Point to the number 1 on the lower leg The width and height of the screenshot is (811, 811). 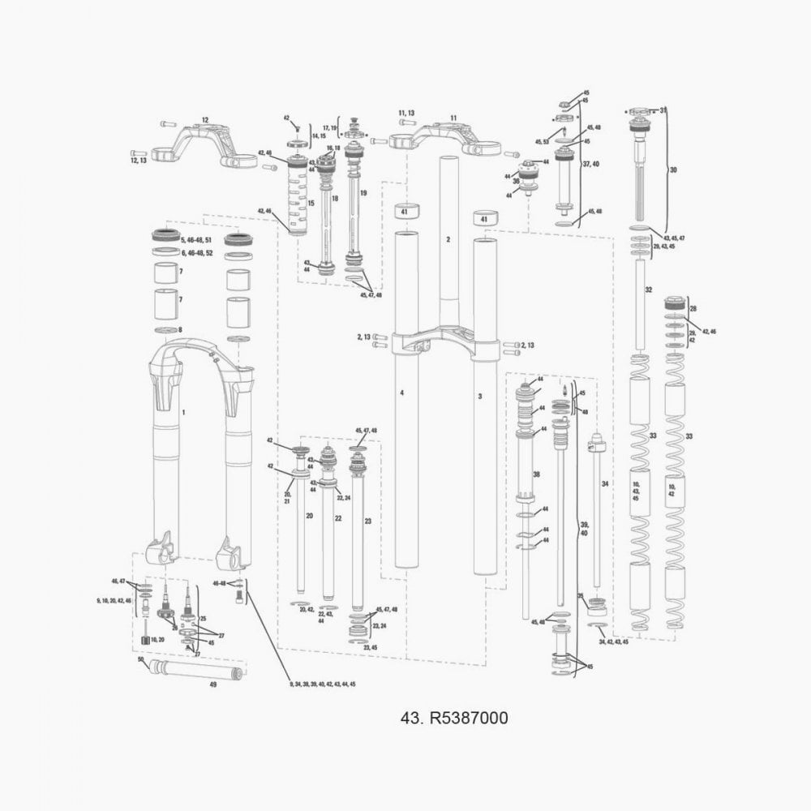[183, 413]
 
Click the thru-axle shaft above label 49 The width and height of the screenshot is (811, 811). [195, 671]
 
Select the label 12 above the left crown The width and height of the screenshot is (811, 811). [204, 120]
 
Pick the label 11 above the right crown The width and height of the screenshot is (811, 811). [453, 118]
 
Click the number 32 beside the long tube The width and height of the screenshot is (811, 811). [648, 290]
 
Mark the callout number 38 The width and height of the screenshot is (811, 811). [535, 474]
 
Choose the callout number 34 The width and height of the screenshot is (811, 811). [604, 483]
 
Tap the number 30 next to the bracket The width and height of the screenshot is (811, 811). [672, 170]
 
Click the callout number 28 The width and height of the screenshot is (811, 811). [693, 309]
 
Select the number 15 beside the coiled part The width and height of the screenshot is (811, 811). [310, 202]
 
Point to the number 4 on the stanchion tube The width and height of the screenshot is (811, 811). [401, 393]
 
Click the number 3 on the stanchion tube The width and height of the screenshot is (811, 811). [480, 396]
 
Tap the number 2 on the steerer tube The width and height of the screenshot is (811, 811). [448, 240]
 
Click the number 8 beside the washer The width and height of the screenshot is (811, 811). [180, 330]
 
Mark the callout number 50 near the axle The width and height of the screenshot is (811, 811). [140, 659]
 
